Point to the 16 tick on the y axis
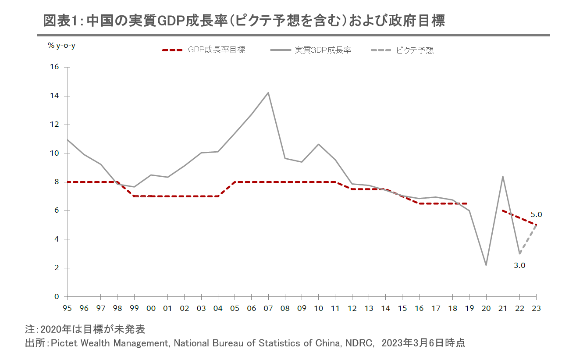(x=55, y=67)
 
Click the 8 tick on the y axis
(x=56, y=182)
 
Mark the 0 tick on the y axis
(x=56, y=297)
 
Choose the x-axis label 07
(x=268, y=308)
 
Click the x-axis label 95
(x=67, y=308)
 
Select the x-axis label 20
(x=486, y=308)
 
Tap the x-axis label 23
(x=536, y=308)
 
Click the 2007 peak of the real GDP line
(x=268, y=93)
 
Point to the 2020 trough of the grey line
(x=486, y=265)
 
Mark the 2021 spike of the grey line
(x=502, y=176)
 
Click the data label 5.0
(x=536, y=215)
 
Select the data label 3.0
(x=519, y=265)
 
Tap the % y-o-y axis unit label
(x=61, y=45)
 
